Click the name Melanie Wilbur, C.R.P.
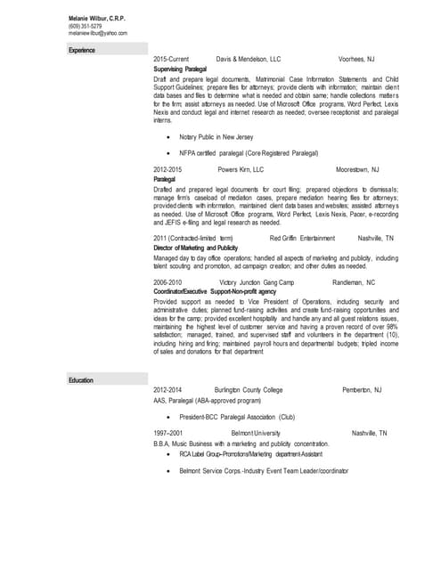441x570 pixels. [x=97, y=19]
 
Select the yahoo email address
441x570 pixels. [x=98, y=33]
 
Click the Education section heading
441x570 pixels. [x=81, y=380]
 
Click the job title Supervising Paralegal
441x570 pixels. [x=180, y=68]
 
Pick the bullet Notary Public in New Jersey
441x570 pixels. [x=216, y=137]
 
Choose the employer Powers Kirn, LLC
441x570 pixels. [x=241, y=168]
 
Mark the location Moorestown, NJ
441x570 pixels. [x=357, y=168]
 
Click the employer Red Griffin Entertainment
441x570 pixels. [x=302, y=239]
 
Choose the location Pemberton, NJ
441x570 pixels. [x=362, y=390]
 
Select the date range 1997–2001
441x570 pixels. [x=168, y=433]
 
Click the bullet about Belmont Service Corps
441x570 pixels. [x=264, y=470]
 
